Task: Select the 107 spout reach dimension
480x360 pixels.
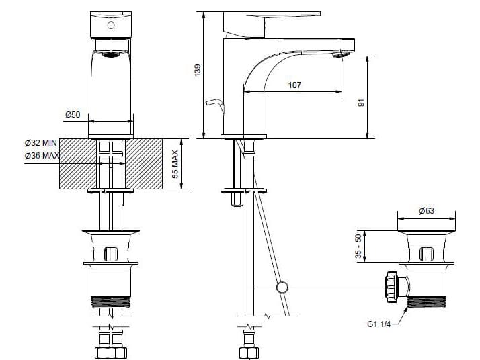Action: click(x=294, y=85)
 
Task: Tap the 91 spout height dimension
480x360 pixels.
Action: click(x=361, y=103)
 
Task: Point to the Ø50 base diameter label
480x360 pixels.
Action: click(x=73, y=115)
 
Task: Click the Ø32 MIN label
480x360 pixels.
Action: click(x=40, y=143)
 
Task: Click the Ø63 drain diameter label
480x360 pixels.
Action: click(x=426, y=211)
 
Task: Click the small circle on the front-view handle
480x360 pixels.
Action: click(x=112, y=26)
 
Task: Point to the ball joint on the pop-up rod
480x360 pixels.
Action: click(x=282, y=287)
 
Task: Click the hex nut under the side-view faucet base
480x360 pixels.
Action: click(x=237, y=199)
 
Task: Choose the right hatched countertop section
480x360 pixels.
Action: click(x=144, y=164)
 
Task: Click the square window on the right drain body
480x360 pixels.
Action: click(x=426, y=254)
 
